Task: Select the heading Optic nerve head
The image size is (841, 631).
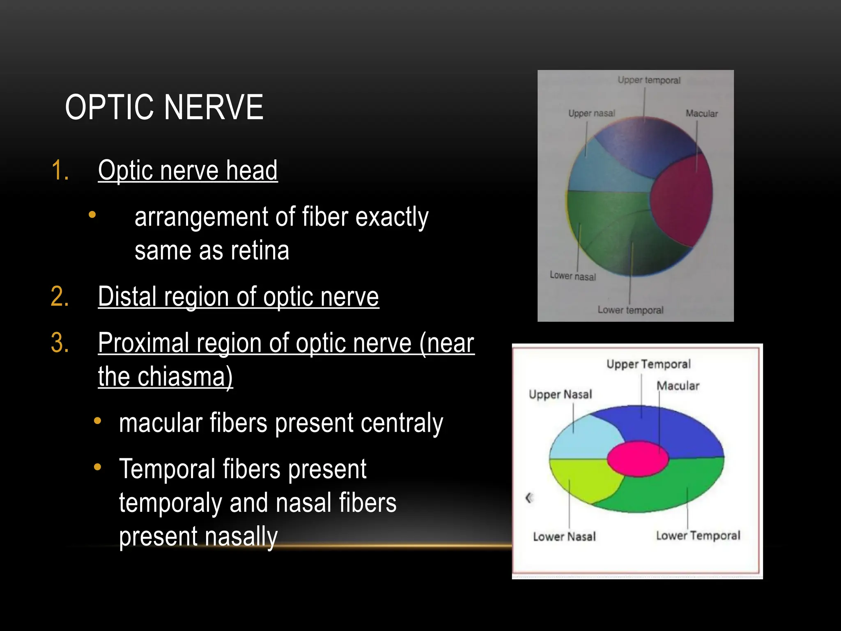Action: (x=188, y=170)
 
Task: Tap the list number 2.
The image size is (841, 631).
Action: (x=60, y=297)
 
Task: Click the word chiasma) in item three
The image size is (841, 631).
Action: (x=185, y=376)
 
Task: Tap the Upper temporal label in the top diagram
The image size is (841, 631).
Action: (x=649, y=80)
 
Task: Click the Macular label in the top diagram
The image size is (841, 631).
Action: (x=701, y=113)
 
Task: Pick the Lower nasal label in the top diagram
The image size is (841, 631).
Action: (x=572, y=276)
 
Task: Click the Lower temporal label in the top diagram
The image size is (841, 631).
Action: (x=630, y=310)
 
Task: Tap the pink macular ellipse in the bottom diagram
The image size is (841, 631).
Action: (x=637, y=458)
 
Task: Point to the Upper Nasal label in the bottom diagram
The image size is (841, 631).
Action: (x=560, y=394)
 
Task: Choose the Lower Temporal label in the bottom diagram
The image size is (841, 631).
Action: (x=698, y=536)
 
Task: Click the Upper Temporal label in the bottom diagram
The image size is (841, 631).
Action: (x=648, y=364)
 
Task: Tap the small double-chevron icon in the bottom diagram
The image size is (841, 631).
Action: (x=529, y=498)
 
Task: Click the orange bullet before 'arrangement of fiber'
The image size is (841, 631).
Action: (x=92, y=214)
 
